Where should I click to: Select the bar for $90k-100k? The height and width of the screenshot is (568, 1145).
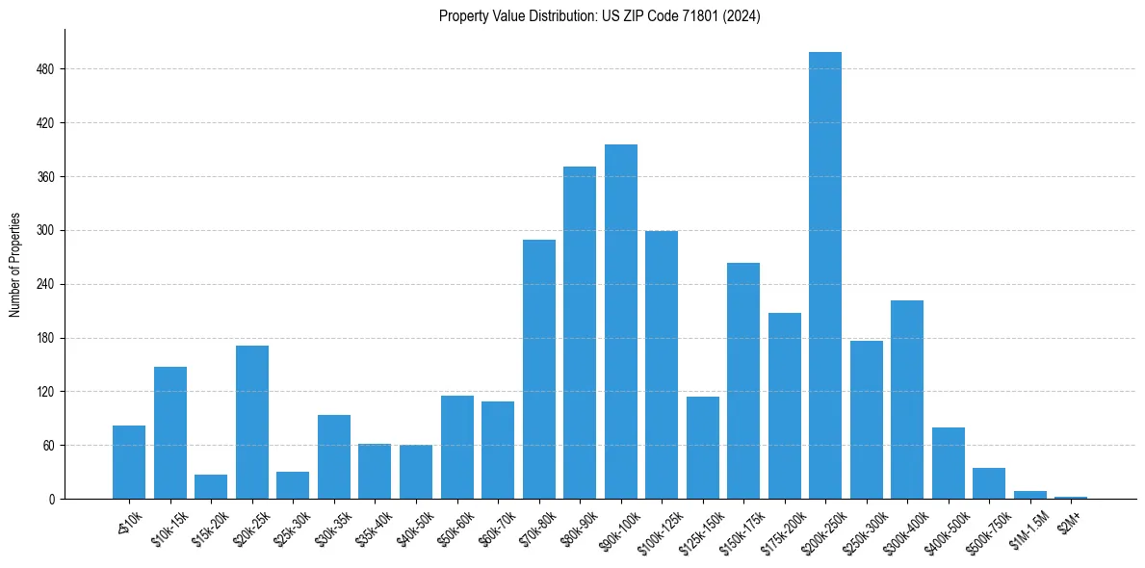coord(620,322)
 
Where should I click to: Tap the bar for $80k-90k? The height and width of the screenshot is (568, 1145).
coord(580,333)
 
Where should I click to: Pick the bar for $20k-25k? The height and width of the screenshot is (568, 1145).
coord(252,423)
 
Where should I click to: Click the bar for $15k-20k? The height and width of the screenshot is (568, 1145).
coord(211,487)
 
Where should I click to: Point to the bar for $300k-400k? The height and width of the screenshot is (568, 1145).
coord(906,400)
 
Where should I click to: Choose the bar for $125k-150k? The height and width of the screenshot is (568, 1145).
coord(702,448)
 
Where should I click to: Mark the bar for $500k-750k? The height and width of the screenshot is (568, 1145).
coord(988,483)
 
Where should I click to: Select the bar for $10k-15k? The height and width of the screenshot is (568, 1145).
coord(170,433)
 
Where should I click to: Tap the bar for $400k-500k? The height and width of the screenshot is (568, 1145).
coord(948,463)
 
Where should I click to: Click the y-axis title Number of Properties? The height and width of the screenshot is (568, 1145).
coord(15,265)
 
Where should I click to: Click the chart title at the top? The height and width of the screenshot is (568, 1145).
coord(599,15)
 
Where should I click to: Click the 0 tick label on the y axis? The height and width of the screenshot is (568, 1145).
coord(52,500)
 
